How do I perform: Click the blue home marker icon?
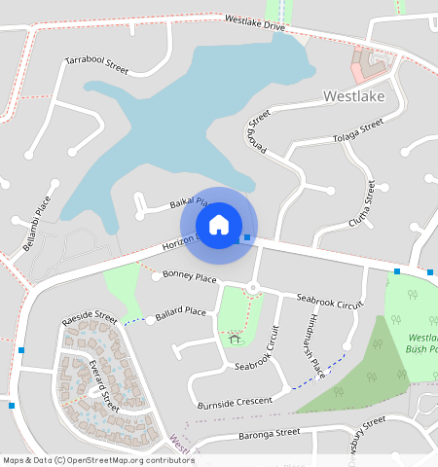[x=219, y=225]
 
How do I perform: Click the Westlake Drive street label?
[x=254, y=22]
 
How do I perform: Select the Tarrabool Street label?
[x=96, y=65]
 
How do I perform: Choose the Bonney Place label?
[x=190, y=278]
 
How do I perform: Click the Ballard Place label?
[x=181, y=312]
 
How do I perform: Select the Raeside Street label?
[x=89, y=319]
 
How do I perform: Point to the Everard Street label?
[x=102, y=384]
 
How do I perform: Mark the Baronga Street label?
[x=262, y=432]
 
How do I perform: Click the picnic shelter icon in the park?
[x=235, y=340]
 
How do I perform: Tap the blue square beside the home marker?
[x=247, y=237]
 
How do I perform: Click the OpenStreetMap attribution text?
[x=98, y=460]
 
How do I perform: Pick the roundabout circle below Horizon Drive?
[x=252, y=286]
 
